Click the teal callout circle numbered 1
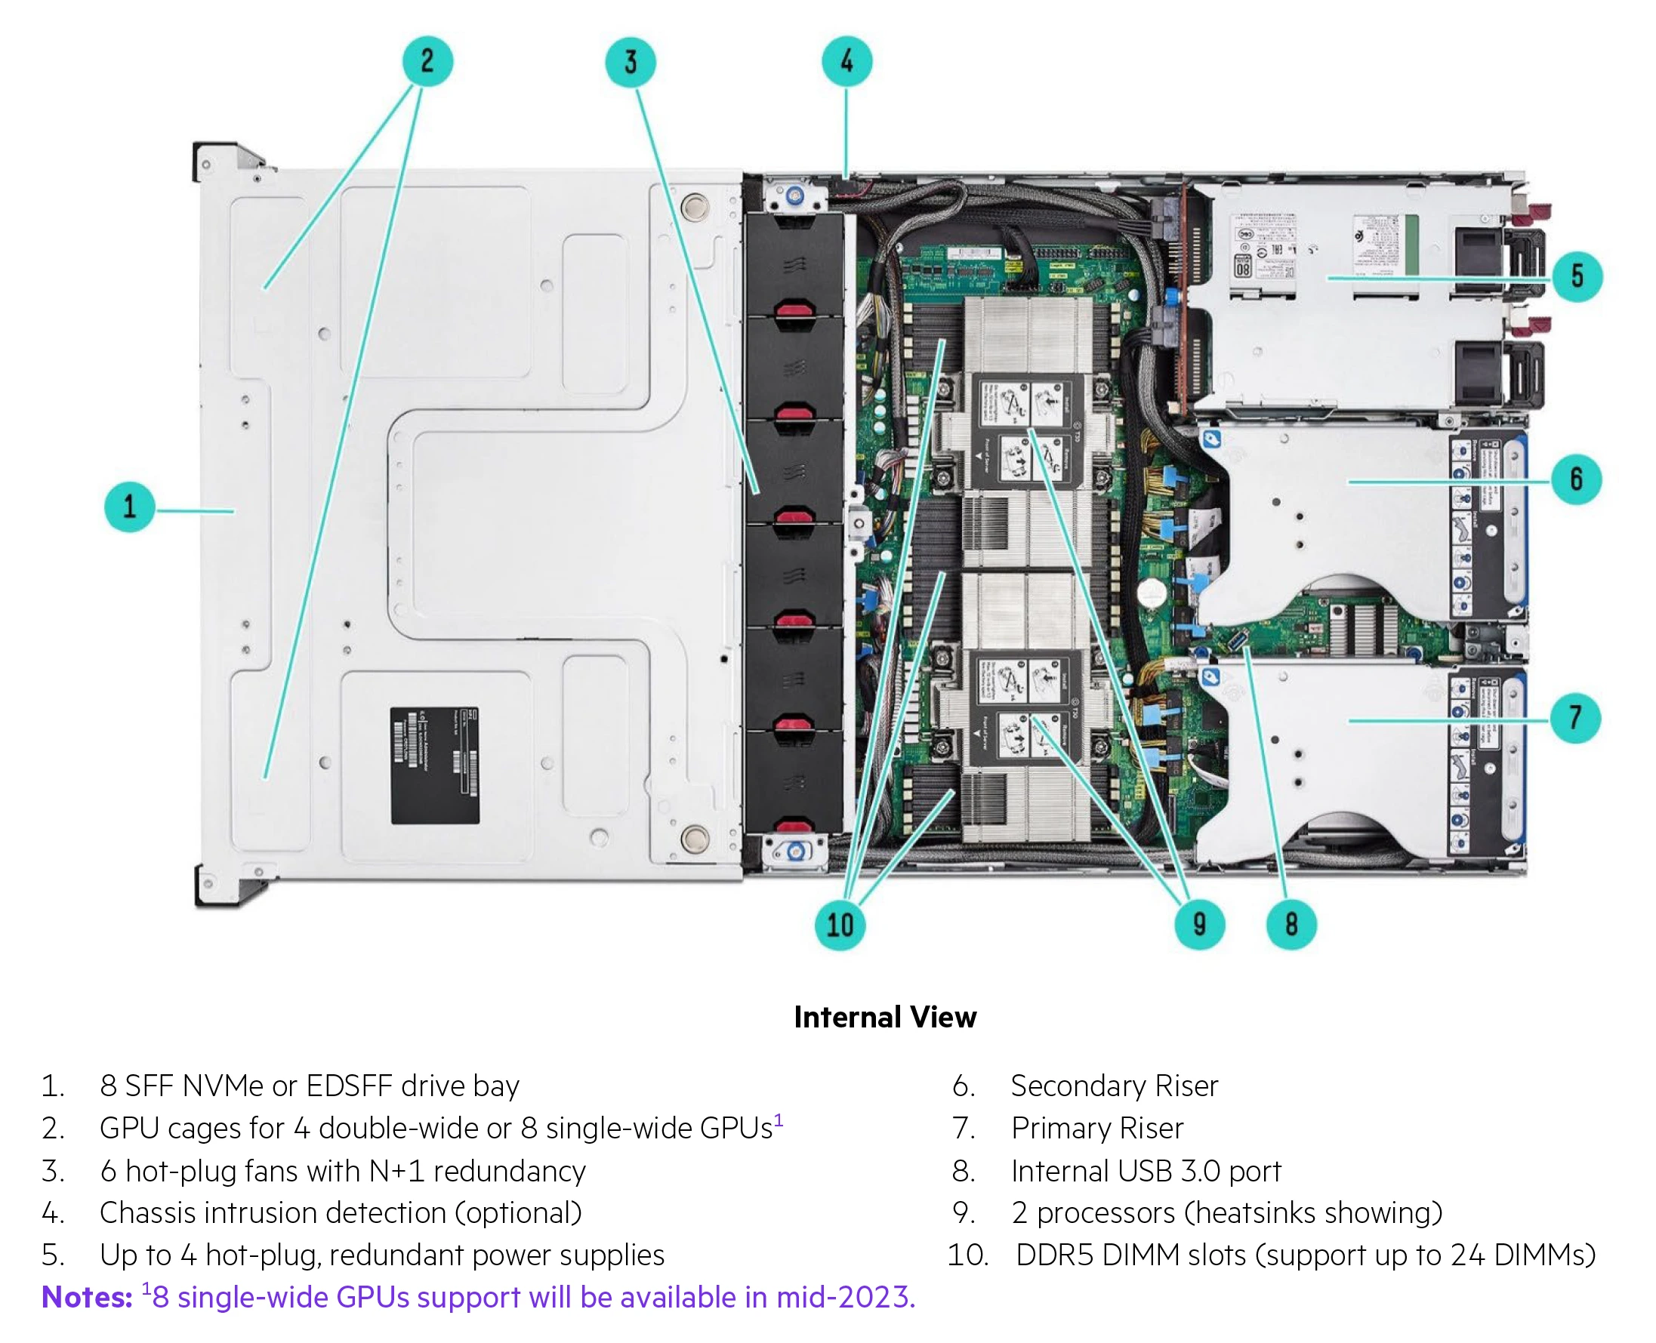tap(129, 507)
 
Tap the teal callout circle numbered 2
tap(427, 61)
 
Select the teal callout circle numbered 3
tap(631, 62)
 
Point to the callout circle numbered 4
tap(847, 61)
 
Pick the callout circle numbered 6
tap(1576, 479)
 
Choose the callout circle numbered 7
tap(1575, 718)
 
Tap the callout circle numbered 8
tap(1291, 924)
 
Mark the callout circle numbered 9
tap(1199, 924)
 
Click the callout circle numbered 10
tap(840, 925)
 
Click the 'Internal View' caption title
tap(885, 1018)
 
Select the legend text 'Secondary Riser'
tap(1115, 1086)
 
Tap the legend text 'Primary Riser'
tap(1097, 1129)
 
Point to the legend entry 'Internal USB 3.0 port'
tap(1146, 1172)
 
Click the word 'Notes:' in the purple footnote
tap(87, 1298)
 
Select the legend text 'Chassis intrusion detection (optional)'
tap(341, 1213)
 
